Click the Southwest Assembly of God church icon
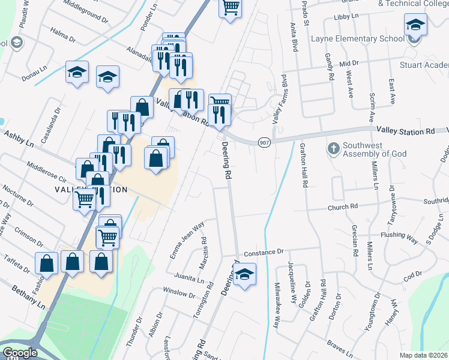click(x=334, y=147)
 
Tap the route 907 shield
click(x=264, y=142)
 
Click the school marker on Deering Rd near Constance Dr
click(x=244, y=275)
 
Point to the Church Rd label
click(x=342, y=208)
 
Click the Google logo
click(x=20, y=353)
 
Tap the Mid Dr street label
click(x=348, y=63)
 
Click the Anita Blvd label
click(x=294, y=38)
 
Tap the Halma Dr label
click(x=63, y=35)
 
